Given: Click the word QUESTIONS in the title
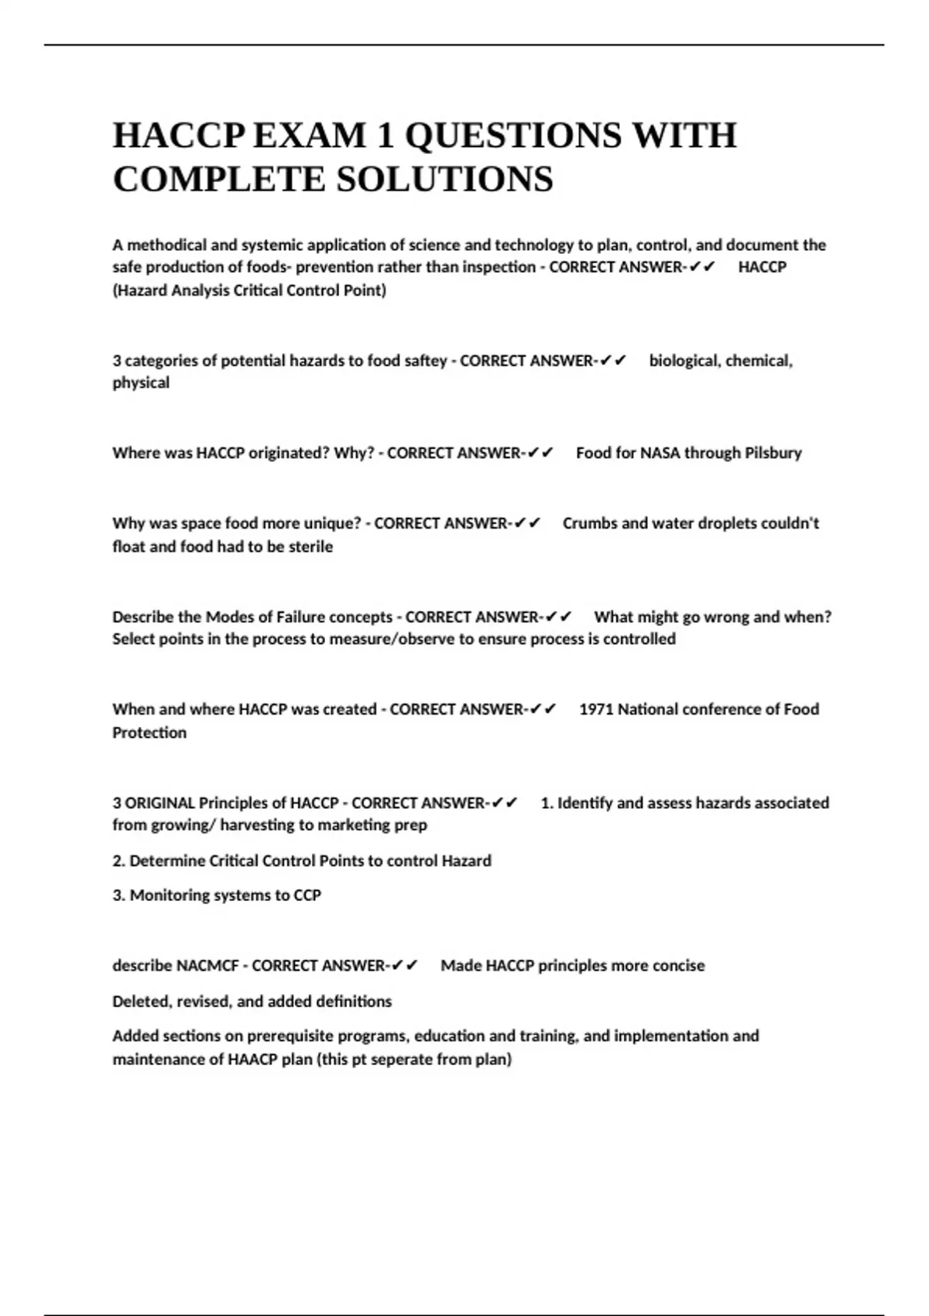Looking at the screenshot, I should [513, 135].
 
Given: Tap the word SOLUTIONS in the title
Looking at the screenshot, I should [444, 180].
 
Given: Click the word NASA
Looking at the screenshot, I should [660, 453].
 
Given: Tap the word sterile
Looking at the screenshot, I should [310, 547].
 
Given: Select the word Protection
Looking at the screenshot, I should [149, 732].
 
